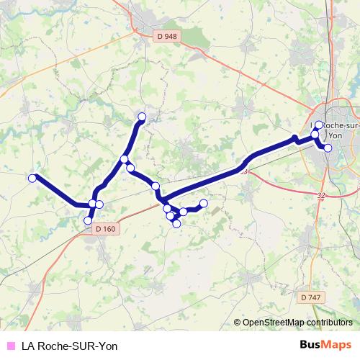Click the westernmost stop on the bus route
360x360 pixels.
pyautogui.click(x=32, y=178)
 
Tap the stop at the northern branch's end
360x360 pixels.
pyautogui.click(x=142, y=117)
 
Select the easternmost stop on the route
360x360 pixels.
pyautogui.click(x=328, y=148)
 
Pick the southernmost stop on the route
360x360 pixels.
pyautogui.click(x=176, y=224)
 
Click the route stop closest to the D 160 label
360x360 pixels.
pyautogui.click(x=89, y=220)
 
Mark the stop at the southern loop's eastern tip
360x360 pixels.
pyautogui.click(x=204, y=203)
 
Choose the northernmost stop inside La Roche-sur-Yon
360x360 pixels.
pyautogui.click(x=319, y=125)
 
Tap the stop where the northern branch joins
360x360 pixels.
pyautogui.click(x=125, y=159)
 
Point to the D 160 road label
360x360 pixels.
pyautogui.click(x=104, y=229)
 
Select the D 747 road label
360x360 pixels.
pyautogui.click(x=311, y=297)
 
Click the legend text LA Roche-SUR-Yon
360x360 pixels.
pyautogui.click(x=69, y=346)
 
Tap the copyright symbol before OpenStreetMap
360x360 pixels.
pyautogui.click(x=238, y=323)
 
